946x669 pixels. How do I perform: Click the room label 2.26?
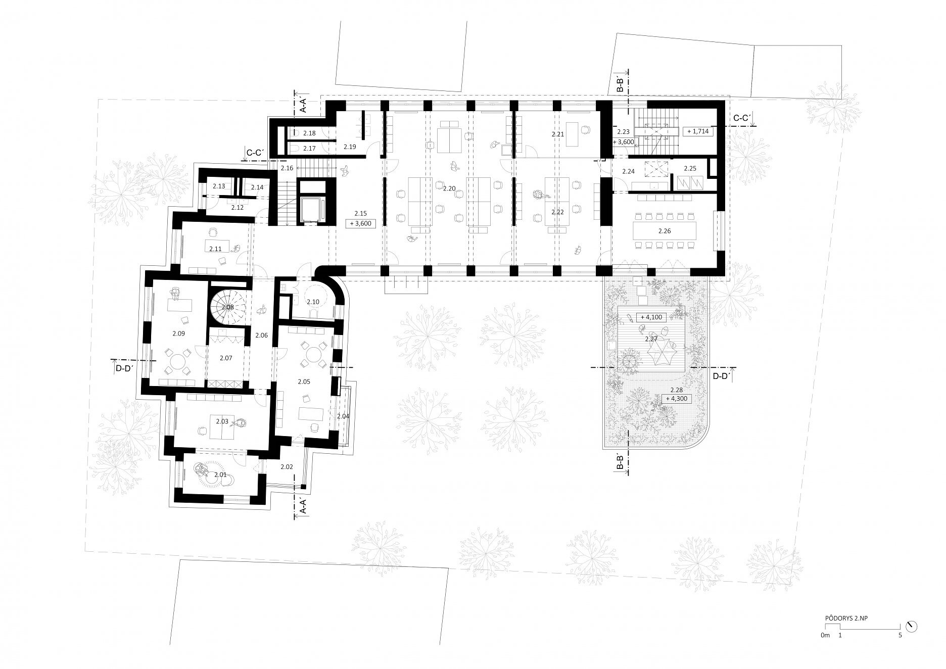(x=665, y=231)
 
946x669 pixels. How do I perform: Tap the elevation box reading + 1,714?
(x=698, y=131)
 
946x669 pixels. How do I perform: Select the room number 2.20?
(x=449, y=188)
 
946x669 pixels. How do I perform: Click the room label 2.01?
(x=220, y=474)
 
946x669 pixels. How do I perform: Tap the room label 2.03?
(x=222, y=421)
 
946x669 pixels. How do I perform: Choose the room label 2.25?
(x=690, y=168)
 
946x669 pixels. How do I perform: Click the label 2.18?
(x=309, y=133)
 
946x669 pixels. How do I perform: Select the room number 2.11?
(x=215, y=249)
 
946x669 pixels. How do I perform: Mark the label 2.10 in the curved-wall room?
(x=313, y=302)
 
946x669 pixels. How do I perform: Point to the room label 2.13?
(x=218, y=186)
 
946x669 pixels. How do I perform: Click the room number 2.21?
(x=557, y=134)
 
